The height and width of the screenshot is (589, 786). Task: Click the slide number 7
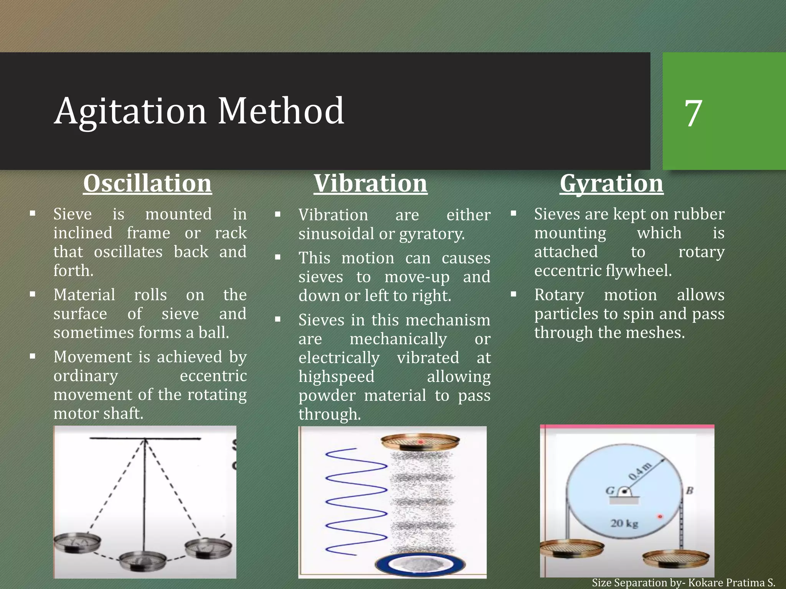pos(693,113)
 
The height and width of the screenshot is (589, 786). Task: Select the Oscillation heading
pos(147,183)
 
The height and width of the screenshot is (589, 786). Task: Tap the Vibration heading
pos(370,183)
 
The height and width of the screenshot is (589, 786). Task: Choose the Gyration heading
pos(611,183)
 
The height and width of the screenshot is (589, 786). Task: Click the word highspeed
pos(336,377)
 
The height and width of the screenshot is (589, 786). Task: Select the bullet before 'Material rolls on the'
pos(33,294)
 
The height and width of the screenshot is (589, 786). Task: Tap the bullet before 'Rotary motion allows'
pos(514,294)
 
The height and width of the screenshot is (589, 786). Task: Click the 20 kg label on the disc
pos(624,523)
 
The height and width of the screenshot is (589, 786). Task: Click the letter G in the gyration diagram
pos(610,490)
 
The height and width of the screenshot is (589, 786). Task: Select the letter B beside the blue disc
pos(689,490)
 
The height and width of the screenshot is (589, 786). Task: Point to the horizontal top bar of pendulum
pos(145,438)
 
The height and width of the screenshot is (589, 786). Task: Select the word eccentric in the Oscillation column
pos(213,376)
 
